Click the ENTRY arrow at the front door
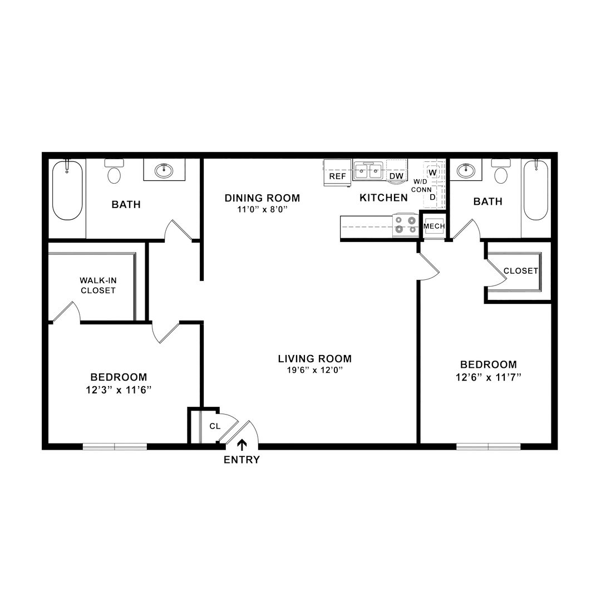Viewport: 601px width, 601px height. [242, 445]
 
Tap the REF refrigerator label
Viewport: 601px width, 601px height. [338, 176]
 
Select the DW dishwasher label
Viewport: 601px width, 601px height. [396, 176]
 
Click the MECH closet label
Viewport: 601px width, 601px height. [434, 226]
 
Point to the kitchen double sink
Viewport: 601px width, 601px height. [368, 170]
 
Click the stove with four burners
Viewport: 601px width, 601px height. [406, 225]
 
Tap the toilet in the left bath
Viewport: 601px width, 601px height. [114, 171]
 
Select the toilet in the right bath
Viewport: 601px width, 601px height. [501, 171]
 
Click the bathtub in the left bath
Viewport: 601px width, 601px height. [67, 190]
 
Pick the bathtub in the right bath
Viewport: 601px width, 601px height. [536, 190]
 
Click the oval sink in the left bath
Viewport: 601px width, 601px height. [164, 170]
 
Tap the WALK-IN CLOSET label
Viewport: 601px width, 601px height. [98, 285]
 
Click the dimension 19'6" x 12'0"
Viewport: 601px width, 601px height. [314, 370]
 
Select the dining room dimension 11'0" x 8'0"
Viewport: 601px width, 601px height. [262, 210]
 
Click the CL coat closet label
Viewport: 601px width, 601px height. [215, 426]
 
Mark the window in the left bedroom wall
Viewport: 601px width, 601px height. [115, 446]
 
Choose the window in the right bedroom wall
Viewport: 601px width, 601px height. [489, 446]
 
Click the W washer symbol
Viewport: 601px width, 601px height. [433, 173]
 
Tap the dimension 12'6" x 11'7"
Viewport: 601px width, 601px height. [489, 377]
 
